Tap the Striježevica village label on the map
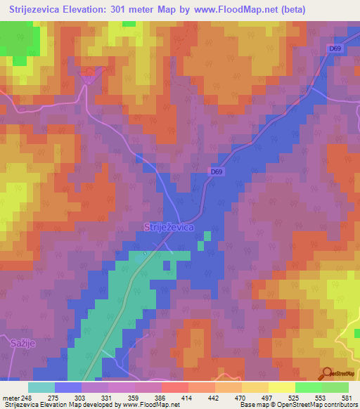pos(169,227)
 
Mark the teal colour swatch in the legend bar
pos(41,387)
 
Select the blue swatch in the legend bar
pos(68,387)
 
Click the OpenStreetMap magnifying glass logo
pos(326,373)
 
